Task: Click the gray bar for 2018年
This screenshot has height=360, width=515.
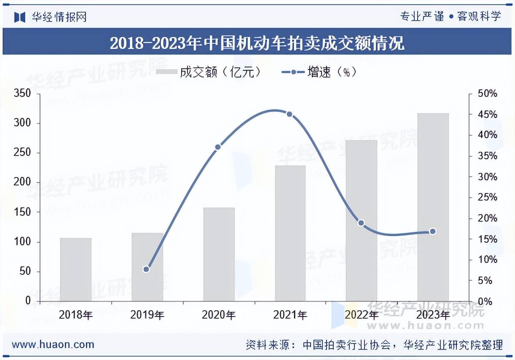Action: click(x=76, y=270)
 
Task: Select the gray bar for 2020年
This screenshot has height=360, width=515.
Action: click(x=219, y=255)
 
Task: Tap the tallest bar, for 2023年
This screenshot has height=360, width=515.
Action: click(x=433, y=207)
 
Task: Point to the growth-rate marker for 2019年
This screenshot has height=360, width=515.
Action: click(x=146, y=269)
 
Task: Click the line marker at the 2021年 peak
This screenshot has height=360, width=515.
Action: click(x=289, y=114)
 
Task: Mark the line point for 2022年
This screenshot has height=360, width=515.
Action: click(x=361, y=223)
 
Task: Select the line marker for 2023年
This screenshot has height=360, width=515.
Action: click(x=432, y=231)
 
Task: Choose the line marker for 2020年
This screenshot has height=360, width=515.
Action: click(x=218, y=147)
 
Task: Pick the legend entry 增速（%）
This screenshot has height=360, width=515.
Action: click(x=319, y=73)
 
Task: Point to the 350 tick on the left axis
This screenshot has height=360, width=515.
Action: click(x=23, y=94)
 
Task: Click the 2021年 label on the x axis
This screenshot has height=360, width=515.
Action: click(x=290, y=315)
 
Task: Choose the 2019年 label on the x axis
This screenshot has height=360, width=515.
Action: click(x=147, y=315)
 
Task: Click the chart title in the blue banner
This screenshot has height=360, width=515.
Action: click(x=257, y=43)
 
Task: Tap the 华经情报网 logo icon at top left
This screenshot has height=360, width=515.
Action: click(x=20, y=17)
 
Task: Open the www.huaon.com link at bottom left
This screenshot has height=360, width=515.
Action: click(x=53, y=344)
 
